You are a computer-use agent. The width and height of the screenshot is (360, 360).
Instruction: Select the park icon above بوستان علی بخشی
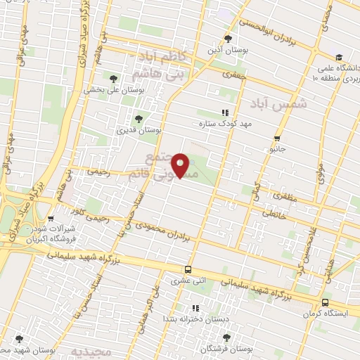[113, 78]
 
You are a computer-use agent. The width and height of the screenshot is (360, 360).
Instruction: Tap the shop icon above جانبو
[277, 138]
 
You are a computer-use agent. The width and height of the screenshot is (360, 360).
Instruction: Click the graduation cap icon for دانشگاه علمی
[339, 57]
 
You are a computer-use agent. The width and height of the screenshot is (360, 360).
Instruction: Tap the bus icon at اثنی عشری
[188, 269]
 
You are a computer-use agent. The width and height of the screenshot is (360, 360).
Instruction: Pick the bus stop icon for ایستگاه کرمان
[324, 303]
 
